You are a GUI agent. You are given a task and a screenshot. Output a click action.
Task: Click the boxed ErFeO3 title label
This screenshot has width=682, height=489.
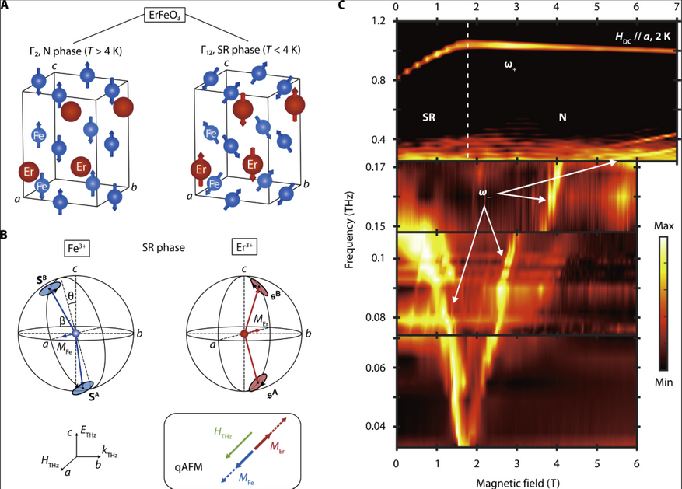164,16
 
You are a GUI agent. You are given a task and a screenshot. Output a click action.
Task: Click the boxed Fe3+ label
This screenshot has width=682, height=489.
76,248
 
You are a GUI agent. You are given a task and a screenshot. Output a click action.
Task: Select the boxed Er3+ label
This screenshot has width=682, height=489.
244,247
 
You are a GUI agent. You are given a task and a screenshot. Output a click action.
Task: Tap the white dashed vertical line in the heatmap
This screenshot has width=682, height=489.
468,90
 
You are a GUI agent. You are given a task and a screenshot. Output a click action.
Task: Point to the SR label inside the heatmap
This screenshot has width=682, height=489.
428,117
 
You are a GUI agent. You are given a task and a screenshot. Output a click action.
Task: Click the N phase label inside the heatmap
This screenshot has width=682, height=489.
562,117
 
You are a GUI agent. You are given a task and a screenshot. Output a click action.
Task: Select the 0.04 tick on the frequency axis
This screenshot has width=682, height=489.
376,426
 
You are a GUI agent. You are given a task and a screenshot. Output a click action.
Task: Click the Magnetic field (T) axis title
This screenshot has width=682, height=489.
518,483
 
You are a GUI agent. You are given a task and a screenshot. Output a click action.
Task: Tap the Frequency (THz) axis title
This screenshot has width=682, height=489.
349,229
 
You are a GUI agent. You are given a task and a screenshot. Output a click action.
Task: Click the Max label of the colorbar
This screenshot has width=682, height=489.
664,226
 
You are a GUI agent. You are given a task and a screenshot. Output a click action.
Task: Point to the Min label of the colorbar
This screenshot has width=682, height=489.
664,382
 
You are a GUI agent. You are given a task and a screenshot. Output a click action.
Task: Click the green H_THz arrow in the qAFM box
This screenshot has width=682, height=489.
239,445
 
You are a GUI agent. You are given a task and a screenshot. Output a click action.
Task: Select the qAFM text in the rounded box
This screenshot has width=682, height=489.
188,468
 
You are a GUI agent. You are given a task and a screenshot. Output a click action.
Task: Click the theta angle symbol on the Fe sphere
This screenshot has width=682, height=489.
71,296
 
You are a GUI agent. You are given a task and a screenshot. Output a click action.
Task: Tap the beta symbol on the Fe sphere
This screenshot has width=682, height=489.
63,321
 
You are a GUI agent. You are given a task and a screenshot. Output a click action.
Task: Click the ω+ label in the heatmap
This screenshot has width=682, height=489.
510,65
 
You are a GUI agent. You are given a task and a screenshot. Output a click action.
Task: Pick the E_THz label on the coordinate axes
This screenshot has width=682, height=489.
89,432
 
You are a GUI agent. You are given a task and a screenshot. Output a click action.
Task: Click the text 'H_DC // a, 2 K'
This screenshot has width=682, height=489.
643,37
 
